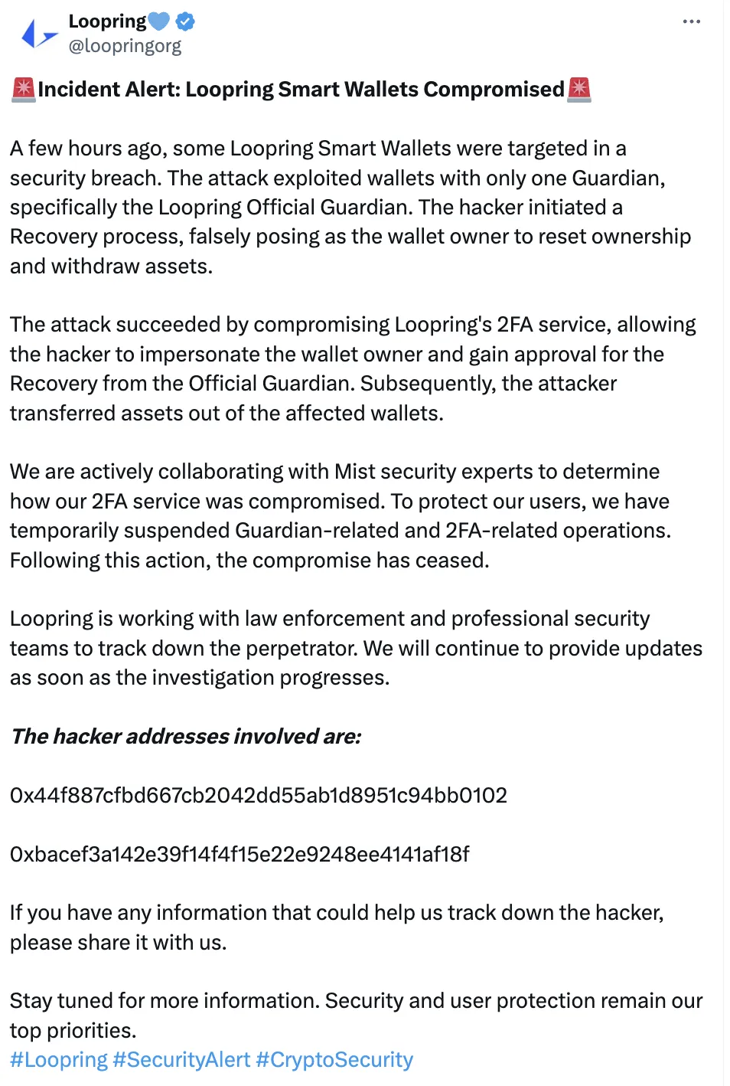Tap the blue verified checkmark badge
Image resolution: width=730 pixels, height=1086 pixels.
click(185, 21)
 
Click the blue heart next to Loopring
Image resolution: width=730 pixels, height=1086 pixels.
click(159, 21)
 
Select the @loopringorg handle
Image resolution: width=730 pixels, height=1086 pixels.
click(125, 46)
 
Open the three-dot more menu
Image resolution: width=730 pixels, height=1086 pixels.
click(691, 21)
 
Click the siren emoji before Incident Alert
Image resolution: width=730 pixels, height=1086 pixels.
click(24, 90)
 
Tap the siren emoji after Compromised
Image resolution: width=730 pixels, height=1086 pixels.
click(579, 90)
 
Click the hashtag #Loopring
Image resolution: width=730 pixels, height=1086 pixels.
click(59, 1060)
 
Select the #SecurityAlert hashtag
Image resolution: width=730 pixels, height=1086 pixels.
click(181, 1060)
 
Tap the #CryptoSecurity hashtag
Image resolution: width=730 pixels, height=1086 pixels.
click(334, 1060)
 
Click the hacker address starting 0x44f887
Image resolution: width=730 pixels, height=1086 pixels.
click(259, 796)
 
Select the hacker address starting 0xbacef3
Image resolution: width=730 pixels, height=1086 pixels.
click(240, 854)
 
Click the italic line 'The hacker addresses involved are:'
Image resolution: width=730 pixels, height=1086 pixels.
click(186, 737)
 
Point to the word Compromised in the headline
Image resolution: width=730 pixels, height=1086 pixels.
click(494, 90)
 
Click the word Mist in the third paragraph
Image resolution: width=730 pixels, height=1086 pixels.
click(355, 472)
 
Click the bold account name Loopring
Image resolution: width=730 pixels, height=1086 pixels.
click(107, 21)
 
